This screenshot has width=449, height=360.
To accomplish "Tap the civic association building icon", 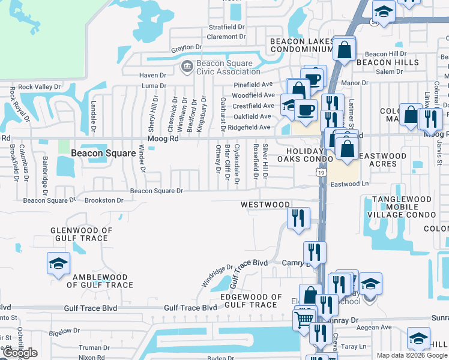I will tap(186, 65).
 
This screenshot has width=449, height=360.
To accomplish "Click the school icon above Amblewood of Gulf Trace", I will tap(59, 264).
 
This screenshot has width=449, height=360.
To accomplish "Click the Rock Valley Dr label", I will tap(40, 86).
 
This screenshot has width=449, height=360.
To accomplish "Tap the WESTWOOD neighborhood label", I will tap(265, 205).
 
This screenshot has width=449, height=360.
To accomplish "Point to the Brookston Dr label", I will tap(103, 200).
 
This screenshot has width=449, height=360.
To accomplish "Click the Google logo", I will tap(20, 353).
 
